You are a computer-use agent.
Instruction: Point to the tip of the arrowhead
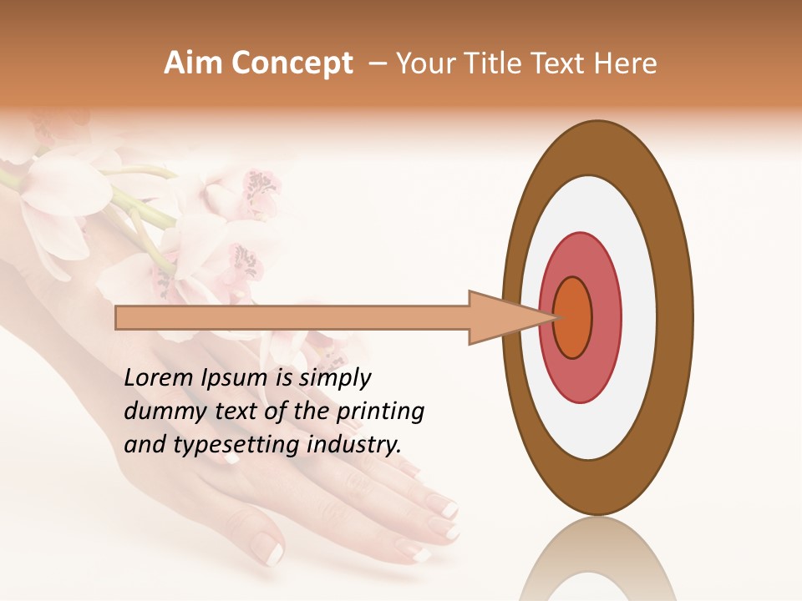(557, 317)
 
